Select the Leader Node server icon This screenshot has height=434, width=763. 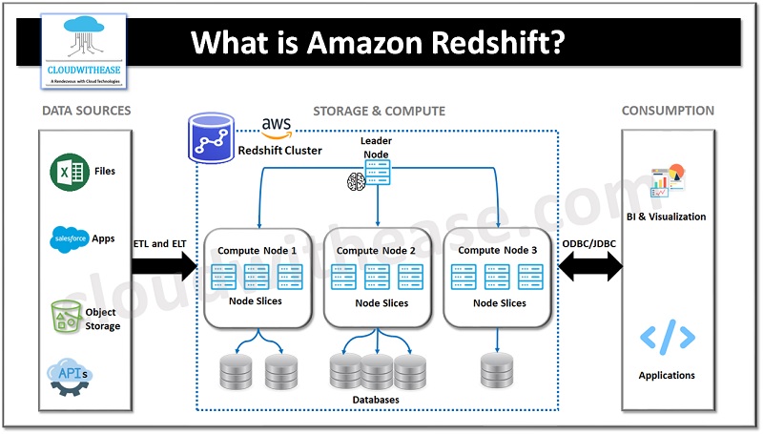378,172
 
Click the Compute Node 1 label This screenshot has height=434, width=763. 258,250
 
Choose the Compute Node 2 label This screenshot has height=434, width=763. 377,250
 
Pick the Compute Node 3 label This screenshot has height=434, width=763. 498,250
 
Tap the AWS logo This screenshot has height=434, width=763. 276,128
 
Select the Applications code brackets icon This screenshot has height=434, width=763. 667,338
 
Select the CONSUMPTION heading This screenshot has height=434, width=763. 668,111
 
